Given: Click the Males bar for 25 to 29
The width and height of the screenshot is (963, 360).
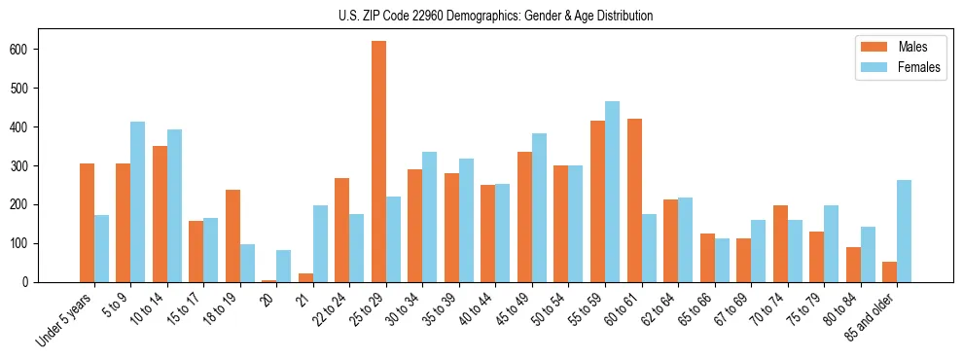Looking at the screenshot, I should [378, 162].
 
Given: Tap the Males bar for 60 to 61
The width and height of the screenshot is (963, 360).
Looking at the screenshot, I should [634, 200].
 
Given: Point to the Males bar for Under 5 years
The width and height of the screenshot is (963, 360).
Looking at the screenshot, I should [87, 223].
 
